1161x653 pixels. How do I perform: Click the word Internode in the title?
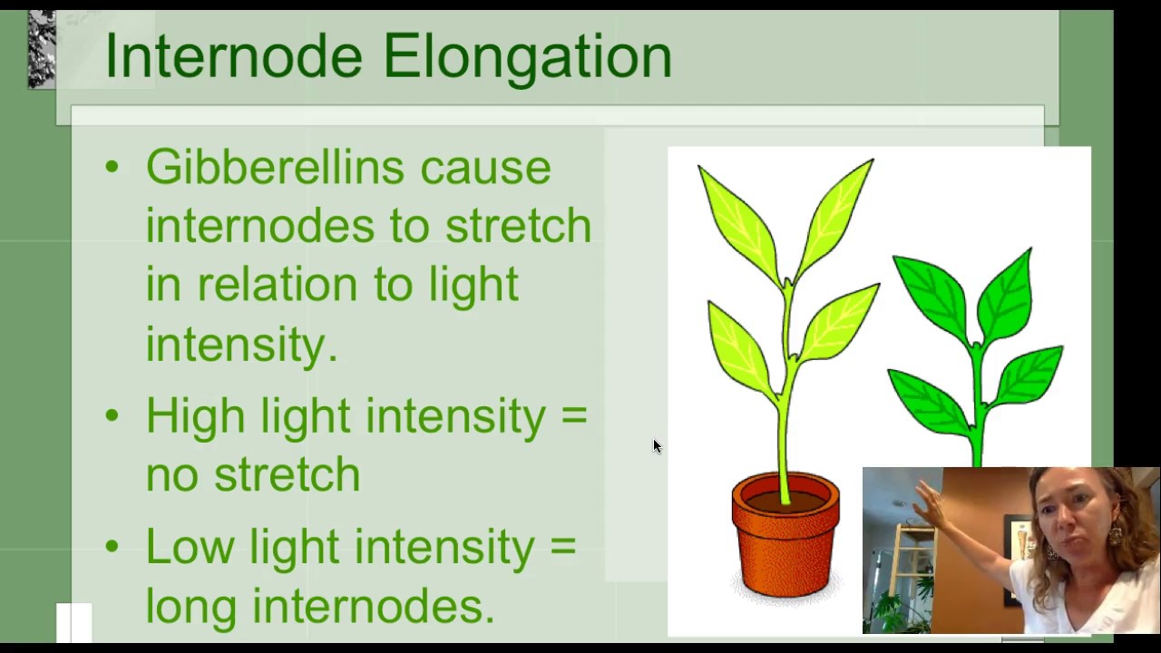point(235,56)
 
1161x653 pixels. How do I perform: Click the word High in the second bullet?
point(194,417)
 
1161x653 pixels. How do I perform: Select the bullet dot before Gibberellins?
point(112,167)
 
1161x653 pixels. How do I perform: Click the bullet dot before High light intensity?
point(112,415)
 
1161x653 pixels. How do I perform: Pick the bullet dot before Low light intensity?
point(112,546)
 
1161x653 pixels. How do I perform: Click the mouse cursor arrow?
point(657,445)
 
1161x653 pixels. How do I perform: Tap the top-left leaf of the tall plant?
point(737,213)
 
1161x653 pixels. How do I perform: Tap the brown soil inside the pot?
point(785,498)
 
